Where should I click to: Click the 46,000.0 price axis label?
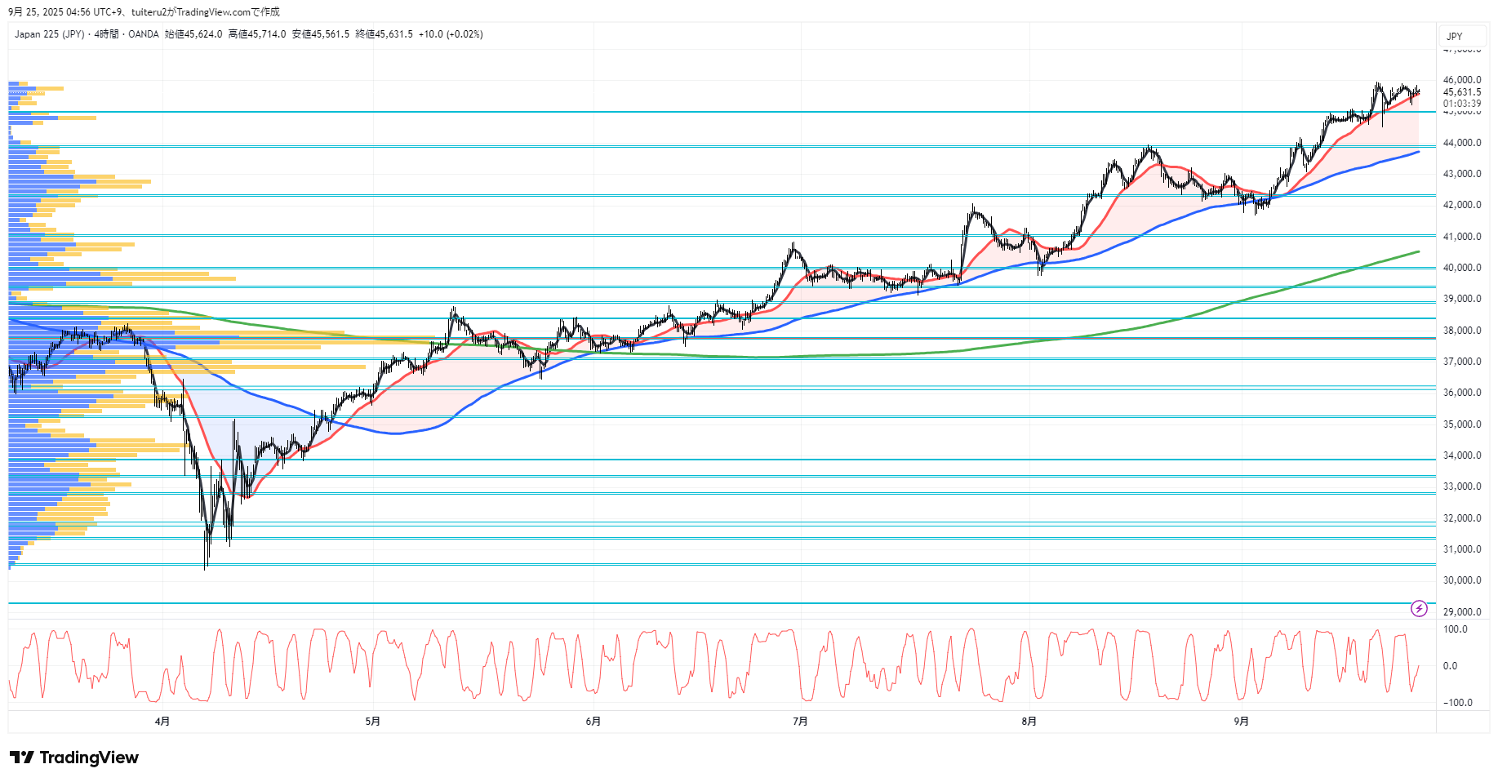coord(1461,80)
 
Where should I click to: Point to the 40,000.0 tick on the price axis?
coord(1461,268)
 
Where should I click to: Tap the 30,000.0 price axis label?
coord(1461,580)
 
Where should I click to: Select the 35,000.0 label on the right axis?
coord(1461,424)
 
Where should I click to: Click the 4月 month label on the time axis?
coord(162,721)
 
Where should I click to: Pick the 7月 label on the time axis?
coord(800,721)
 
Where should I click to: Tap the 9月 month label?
coord(1241,721)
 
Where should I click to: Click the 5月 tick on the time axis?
coord(372,721)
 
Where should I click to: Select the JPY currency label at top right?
coord(1455,37)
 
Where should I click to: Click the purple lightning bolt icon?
coord(1419,608)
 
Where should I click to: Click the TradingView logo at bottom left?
coord(74,758)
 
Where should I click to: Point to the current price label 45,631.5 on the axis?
coord(1461,92)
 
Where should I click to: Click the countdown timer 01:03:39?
coord(1461,104)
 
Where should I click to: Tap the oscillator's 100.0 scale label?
coord(1455,629)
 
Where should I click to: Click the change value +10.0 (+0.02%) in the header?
coord(451,34)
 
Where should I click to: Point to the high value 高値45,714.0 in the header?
coord(257,34)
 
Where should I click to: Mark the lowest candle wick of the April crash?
coord(205,567)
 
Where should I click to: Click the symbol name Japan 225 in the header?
coord(37,34)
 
